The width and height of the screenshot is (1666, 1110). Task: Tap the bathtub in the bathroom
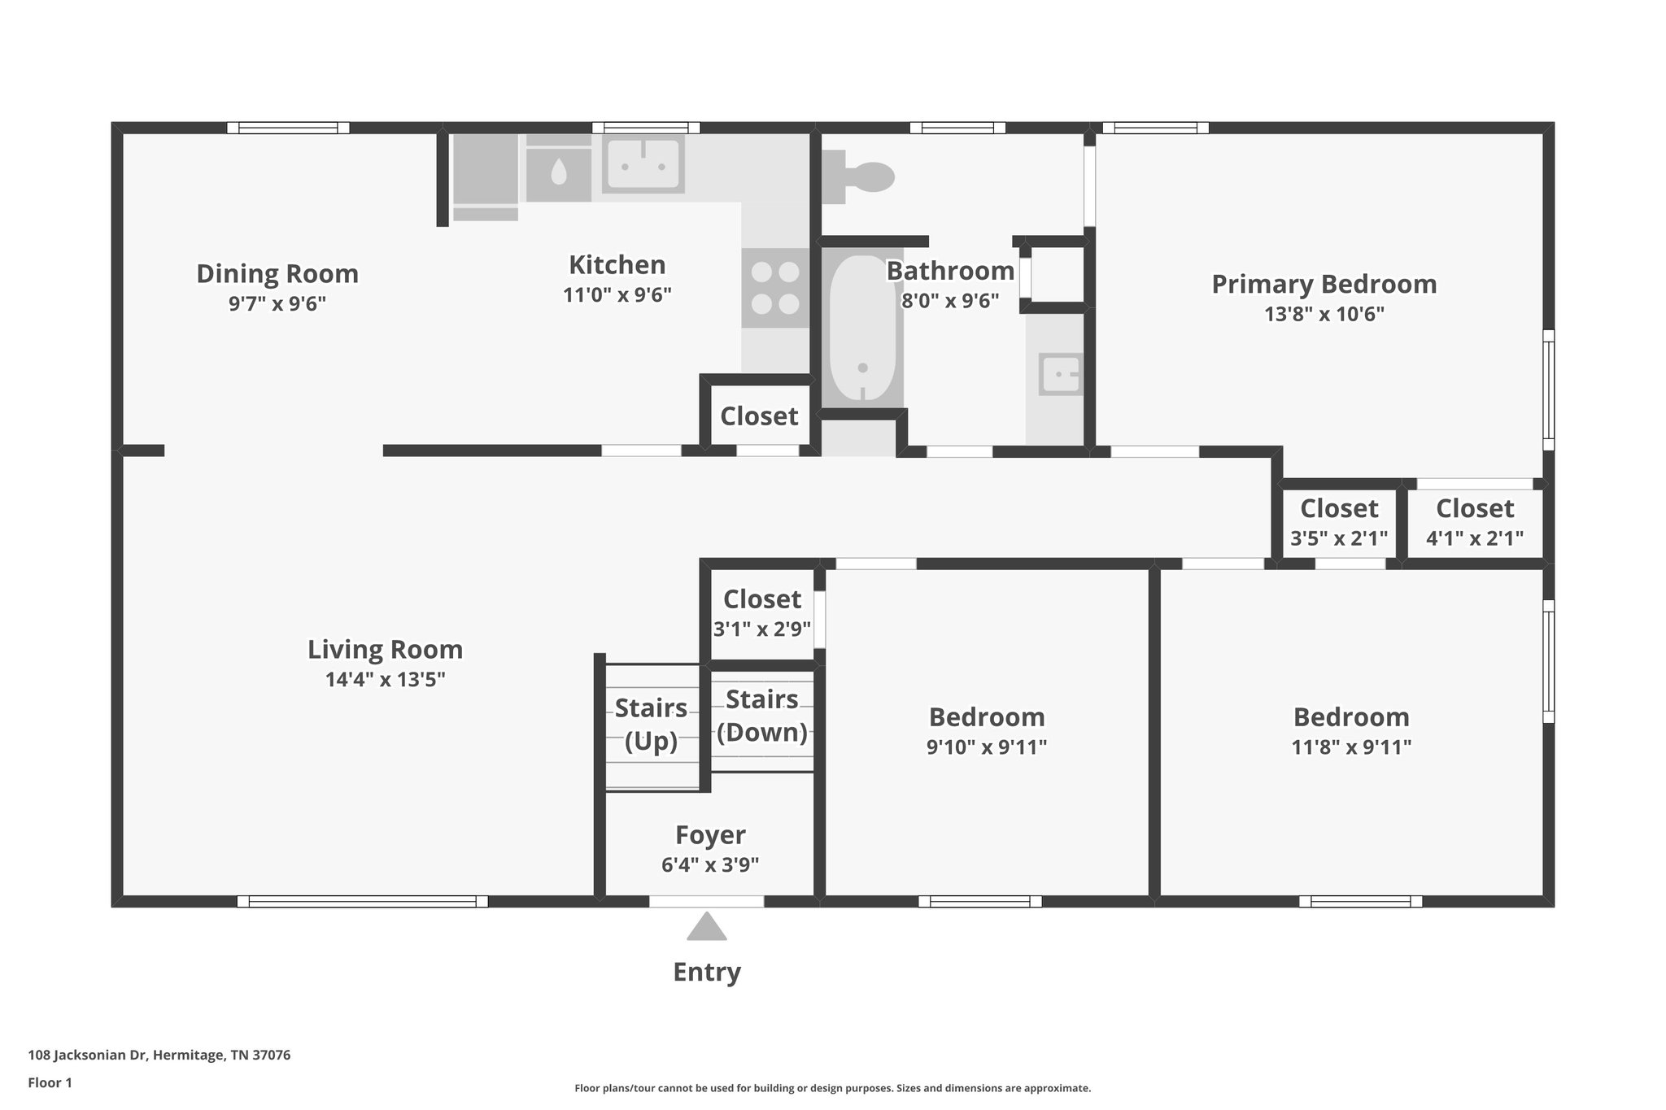(862, 329)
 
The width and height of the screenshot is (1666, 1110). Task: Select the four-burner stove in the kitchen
(775, 288)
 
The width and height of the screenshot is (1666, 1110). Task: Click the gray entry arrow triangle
(706, 927)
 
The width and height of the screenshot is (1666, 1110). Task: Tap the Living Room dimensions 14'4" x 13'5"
(386, 679)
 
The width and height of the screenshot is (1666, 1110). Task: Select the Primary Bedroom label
(1324, 284)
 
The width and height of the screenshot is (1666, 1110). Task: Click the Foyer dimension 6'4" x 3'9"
(710, 864)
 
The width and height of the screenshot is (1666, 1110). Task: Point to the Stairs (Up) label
(651, 724)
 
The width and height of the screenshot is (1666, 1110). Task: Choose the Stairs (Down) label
(762, 716)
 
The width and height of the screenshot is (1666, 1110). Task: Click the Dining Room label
(277, 274)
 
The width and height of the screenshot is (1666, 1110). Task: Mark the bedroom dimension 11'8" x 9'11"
(1351, 747)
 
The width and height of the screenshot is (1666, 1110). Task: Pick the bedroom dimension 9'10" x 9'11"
(986, 747)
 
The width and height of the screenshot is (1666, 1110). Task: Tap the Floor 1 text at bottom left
(50, 1082)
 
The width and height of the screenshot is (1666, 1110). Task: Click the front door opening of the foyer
(706, 900)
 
